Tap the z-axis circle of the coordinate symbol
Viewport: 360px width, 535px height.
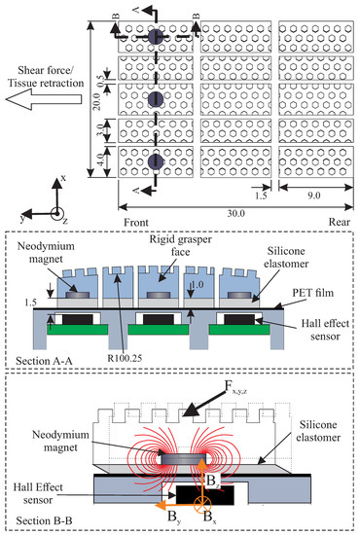pyautogui.click(x=57, y=212)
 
